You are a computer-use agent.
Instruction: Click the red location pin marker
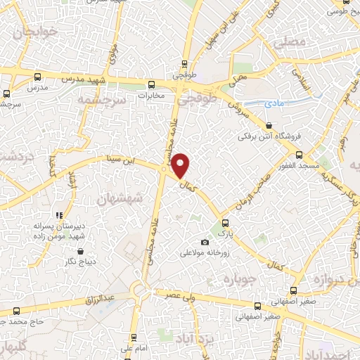point(181,165)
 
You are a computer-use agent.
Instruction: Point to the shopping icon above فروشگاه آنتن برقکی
point(269,125)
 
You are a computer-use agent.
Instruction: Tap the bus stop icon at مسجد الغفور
point(300,154)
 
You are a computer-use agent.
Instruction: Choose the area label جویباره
point(237,279)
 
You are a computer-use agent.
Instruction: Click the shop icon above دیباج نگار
point(80,251)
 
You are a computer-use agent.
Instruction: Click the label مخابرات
point(151,94)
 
